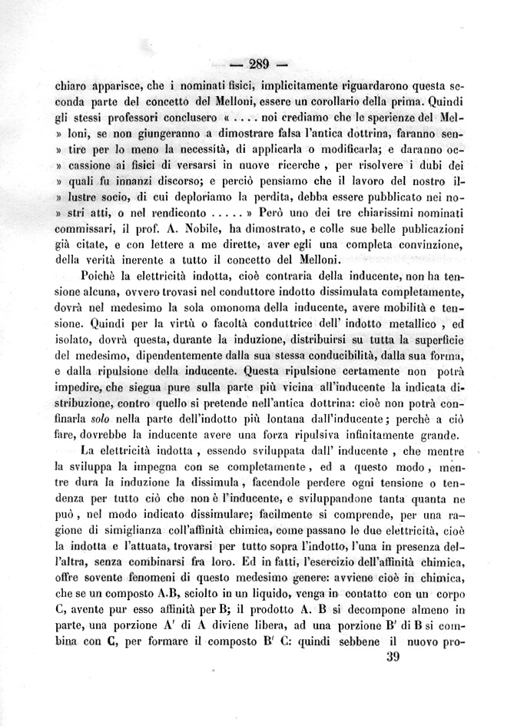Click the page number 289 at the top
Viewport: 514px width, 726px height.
(257, 64)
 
